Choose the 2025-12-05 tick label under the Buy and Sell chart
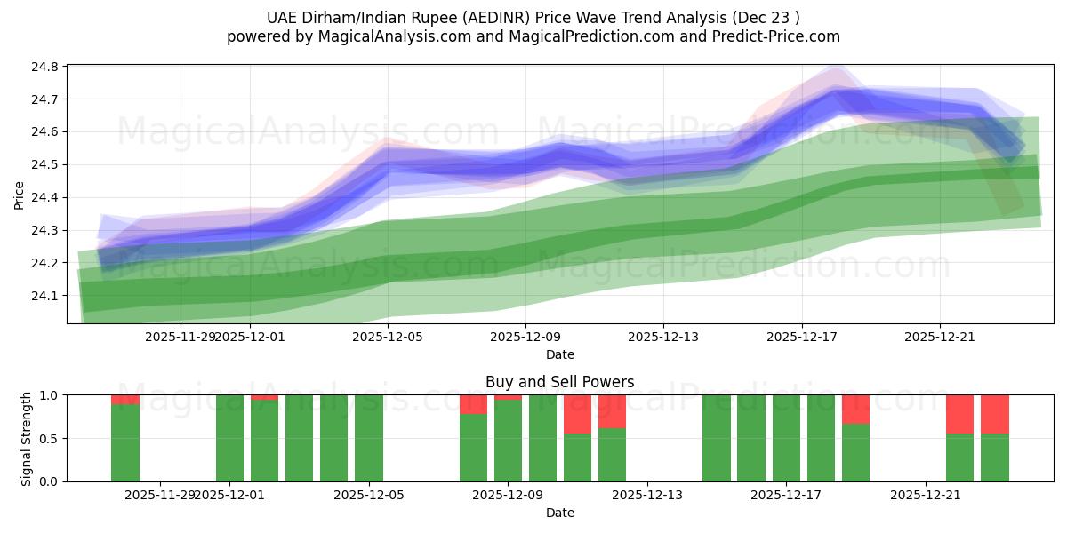pyautogui.click(x=369, y=496)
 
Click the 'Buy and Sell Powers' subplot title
pyautogui.click(x=559, y=382)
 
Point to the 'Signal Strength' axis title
pyautogui.click(x=27, y=438)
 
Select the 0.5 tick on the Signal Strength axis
pyautogui.click(x=48, y=438)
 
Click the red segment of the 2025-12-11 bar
pyautogui.click(x=577, y=414)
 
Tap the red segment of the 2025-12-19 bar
pyautogui.click(x=855, y=409)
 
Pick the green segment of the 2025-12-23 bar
pyautogui.click(x=994, y=457)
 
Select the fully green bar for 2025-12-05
pyautogui.click(x=369, y=438)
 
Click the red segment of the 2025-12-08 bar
pyautogui.click(x=473, y=404)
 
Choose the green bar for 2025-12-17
pyautogui.click(x=786, y=438)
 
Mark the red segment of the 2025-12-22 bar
pyautogui.click(x=959, y=414)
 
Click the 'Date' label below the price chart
pyautogui.click(x=559, y=354)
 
